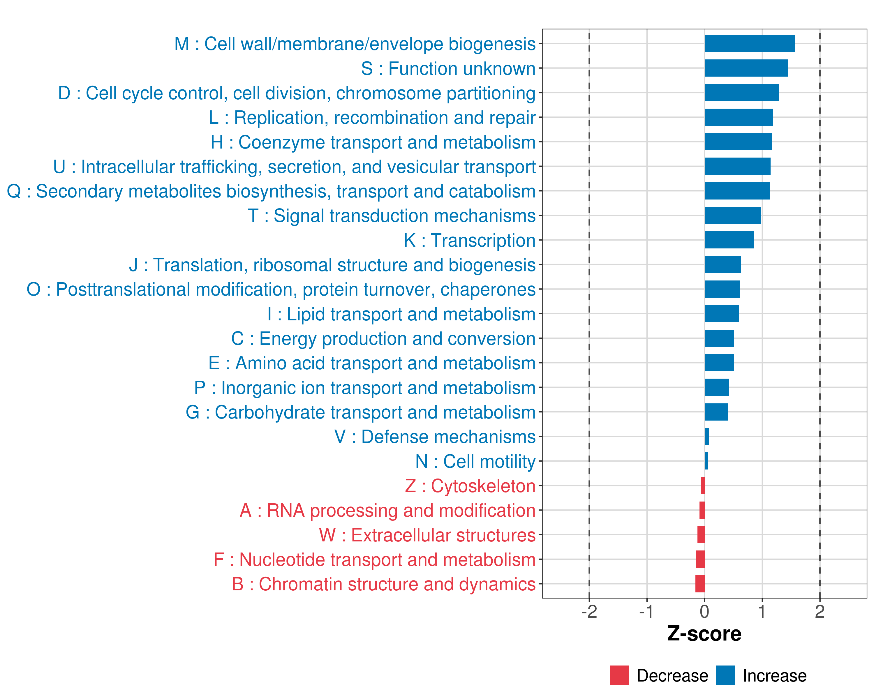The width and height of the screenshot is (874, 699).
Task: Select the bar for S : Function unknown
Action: (746, 68)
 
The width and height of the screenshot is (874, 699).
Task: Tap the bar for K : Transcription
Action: (729, 240)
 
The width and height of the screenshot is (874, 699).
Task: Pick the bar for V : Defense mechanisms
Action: (706, 436)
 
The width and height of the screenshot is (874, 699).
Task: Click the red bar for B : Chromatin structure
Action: (700, 584)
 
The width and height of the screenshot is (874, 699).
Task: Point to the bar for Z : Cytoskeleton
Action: (702, 486)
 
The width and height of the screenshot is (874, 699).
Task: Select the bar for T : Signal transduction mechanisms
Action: (732, 215)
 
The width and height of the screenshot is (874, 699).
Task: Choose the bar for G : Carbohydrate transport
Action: (716, 412)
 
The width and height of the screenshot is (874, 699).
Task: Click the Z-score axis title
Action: (704, 634)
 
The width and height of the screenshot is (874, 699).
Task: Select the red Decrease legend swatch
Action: (619, 675)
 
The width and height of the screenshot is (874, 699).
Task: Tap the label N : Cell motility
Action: (475, 462)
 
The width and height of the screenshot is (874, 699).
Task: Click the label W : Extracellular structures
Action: (427, 535)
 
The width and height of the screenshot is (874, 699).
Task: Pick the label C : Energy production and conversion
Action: (383, 339)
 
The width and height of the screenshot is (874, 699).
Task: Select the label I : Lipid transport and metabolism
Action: (401, 314)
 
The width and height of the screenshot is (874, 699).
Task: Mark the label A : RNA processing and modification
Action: (387, 511)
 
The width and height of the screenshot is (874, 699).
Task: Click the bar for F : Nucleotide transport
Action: (700, 559)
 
